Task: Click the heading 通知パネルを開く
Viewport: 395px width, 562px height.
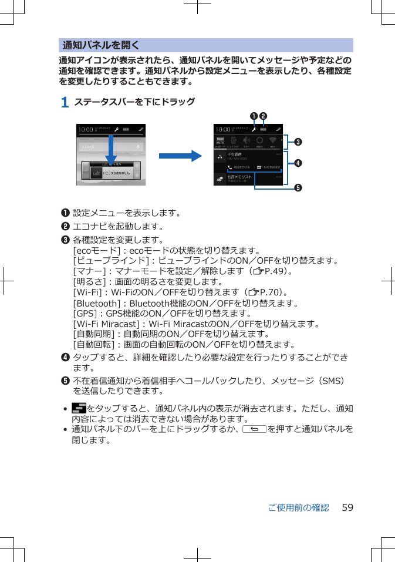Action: coord(101,45)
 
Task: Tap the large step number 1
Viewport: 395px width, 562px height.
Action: coord(65,102)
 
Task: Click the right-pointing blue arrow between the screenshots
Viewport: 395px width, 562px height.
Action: coord(180,155)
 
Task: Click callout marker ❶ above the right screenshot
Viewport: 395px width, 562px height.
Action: coord(255,115)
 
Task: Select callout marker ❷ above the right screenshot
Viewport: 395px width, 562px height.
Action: coord(264,115)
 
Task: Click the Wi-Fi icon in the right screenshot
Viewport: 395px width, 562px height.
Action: coord(273,142)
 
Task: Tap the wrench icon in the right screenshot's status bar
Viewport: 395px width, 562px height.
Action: coord(254,129)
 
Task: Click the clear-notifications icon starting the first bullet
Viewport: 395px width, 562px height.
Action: coord(79,408)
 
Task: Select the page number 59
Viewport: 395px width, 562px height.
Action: coord(347,507)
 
